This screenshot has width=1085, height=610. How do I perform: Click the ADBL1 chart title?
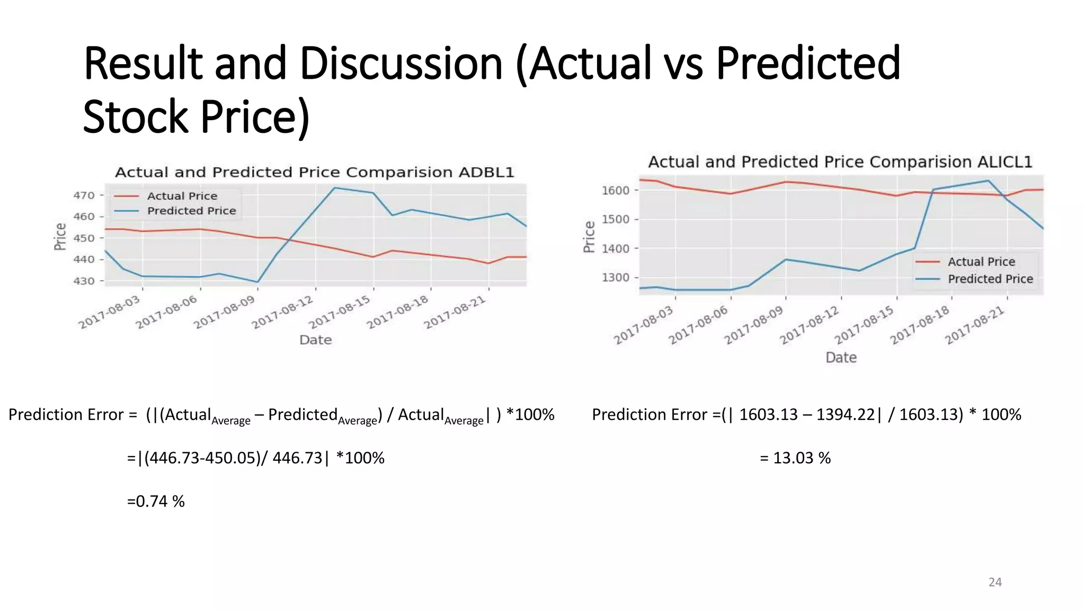(315, 173)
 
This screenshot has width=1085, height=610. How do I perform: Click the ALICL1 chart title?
(840, 162)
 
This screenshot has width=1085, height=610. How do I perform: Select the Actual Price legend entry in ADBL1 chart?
(182, 196)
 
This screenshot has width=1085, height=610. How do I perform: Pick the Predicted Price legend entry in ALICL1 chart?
(990, 279)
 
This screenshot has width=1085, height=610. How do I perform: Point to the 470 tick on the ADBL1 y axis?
(84, 195)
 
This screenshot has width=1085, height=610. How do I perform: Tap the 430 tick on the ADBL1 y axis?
(84, 281)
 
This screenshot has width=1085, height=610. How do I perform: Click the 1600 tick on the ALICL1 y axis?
(616, 190)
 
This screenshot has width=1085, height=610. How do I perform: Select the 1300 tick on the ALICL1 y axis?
(616, 277)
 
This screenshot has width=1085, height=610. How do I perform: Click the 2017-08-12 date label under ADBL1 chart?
(283, 313)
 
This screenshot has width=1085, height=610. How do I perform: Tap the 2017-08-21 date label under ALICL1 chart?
(975, 326)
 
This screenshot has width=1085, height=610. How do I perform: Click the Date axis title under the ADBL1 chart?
(315, 340)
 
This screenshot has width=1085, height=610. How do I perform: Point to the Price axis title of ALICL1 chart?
(589, 237)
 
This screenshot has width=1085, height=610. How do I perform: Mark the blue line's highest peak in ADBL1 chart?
(334, 187)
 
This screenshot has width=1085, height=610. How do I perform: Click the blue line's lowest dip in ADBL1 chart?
(257, 282)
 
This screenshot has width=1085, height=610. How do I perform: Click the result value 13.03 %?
(802, 458)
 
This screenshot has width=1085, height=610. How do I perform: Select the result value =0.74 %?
(156, 501)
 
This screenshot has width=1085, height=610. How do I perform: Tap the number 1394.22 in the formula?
(846, 415)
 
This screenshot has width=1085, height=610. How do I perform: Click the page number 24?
(995, 582)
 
